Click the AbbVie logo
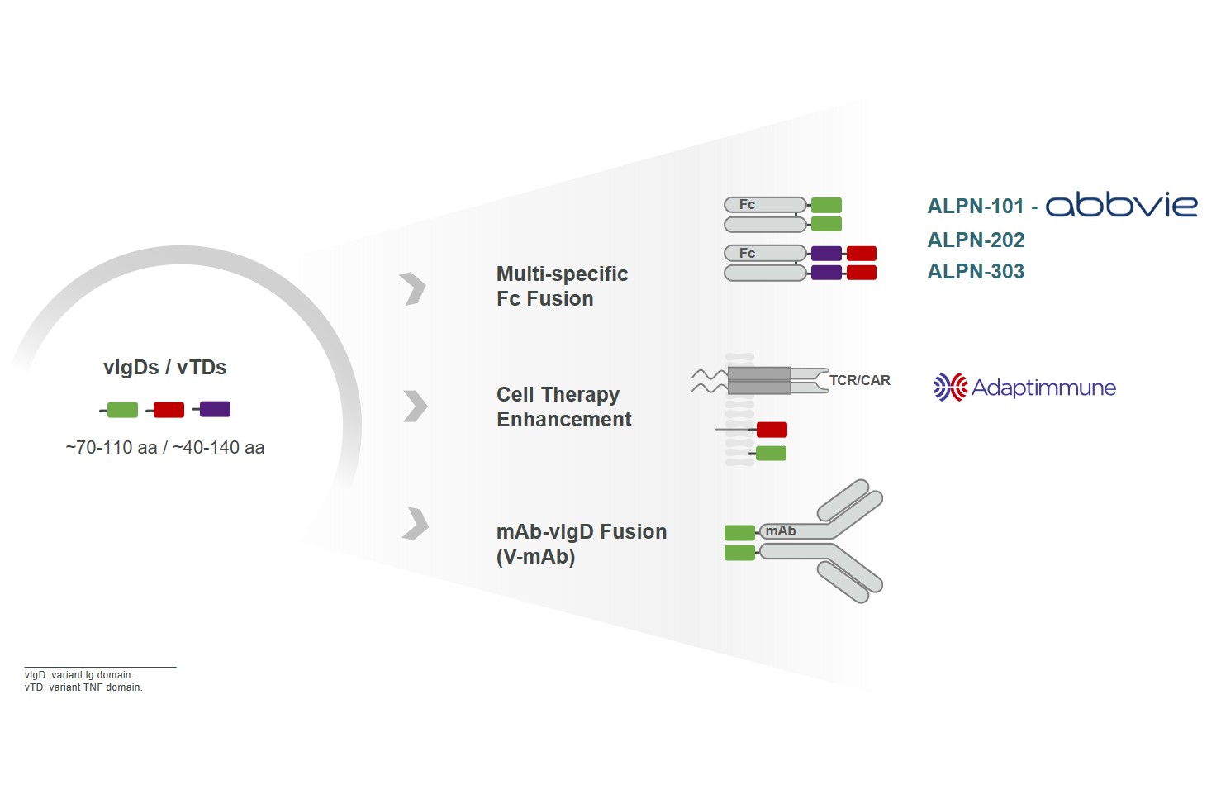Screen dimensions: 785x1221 1121,204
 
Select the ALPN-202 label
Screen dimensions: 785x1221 976,240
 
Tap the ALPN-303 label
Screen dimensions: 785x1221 976,272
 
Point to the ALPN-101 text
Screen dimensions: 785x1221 976,207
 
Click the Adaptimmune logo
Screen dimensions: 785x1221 1024,388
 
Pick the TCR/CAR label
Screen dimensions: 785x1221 859,381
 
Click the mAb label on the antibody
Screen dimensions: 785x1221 780,531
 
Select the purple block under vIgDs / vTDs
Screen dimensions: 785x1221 215,409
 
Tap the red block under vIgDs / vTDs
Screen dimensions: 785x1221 169,410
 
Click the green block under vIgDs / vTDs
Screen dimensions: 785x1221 122,410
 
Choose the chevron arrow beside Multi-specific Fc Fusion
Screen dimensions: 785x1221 413,288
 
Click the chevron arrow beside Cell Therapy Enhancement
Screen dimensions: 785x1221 415,406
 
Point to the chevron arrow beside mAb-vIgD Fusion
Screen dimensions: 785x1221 416,524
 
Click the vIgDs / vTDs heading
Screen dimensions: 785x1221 165,368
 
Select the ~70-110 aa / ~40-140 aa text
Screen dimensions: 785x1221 165,448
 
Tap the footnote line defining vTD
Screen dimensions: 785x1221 83,687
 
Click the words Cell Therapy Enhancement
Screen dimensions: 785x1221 563,407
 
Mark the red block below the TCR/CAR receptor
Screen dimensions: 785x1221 772,430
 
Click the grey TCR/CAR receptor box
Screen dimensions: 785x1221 759,381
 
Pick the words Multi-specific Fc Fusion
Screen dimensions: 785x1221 562,287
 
